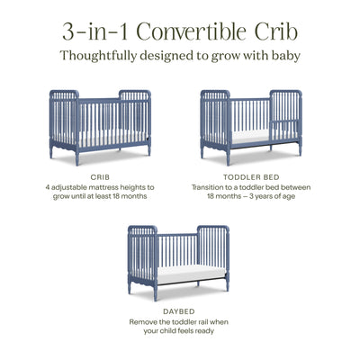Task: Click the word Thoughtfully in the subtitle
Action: [102, 55]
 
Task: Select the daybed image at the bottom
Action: [178, 257]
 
